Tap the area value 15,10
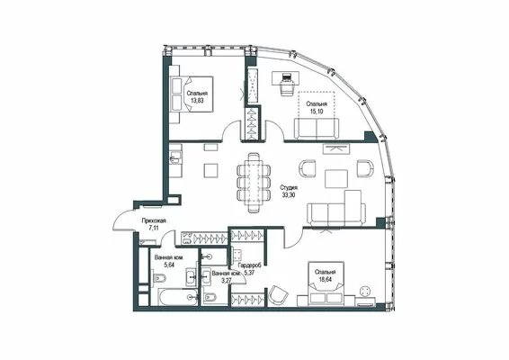317,111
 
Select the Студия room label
290,188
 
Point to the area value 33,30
289,195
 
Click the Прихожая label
154,220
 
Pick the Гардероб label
250,265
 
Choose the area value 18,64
326,279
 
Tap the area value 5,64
169,265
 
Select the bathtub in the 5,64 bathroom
178,297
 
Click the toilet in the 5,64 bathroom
159,278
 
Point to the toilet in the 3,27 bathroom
207,297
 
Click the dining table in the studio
254,183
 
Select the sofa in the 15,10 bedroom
317,129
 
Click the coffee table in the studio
336,179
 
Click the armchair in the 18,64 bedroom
278,295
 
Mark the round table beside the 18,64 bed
366,291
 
